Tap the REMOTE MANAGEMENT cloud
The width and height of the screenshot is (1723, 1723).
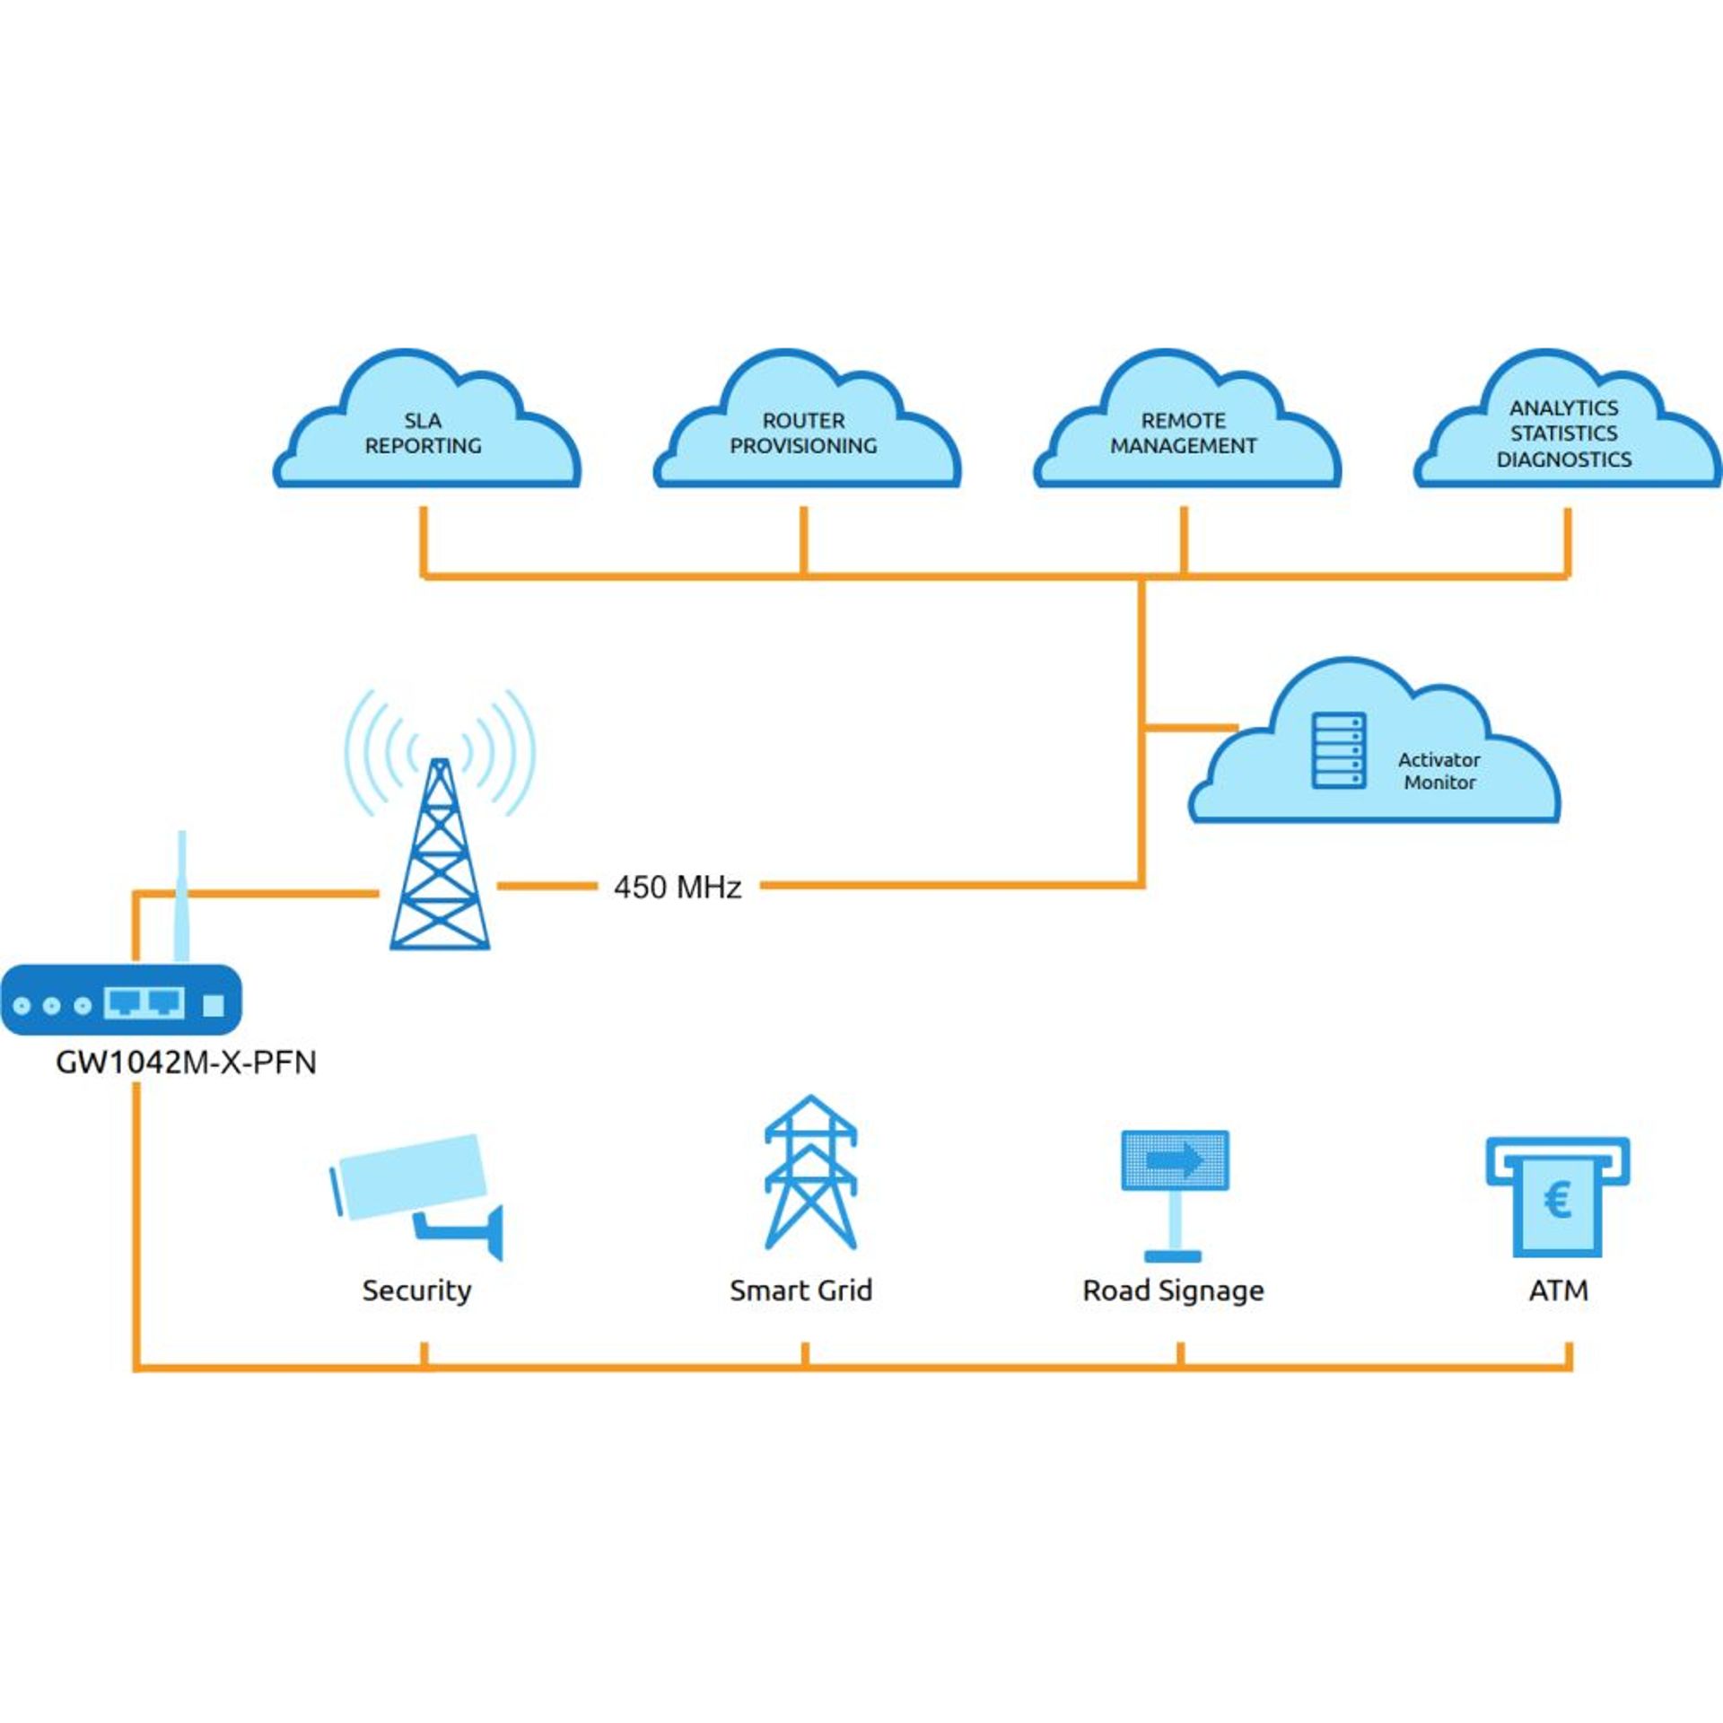1184,431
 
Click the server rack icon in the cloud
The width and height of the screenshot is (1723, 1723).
1339,751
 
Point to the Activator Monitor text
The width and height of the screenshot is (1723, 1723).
1439,771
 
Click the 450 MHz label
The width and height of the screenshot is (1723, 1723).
678,888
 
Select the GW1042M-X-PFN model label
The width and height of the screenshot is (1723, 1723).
186,1063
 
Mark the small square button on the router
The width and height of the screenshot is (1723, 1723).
213,1004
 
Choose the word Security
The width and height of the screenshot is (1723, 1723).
416,1290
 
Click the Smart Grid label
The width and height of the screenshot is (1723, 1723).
800,1290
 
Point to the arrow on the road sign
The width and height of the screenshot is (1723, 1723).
1176,1160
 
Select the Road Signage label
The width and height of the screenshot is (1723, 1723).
1173,1290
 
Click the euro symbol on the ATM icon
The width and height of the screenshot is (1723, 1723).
1557,1201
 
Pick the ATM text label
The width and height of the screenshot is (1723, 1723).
1558,1290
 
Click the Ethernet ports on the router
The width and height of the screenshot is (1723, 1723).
144,1001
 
